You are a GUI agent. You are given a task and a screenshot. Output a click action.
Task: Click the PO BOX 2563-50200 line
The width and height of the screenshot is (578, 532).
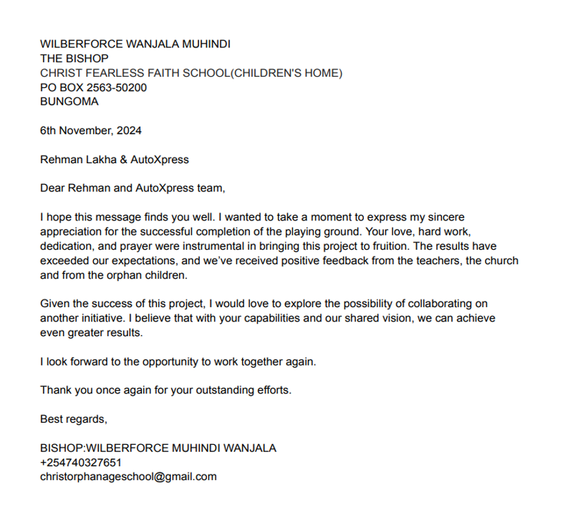(x=93, y=87)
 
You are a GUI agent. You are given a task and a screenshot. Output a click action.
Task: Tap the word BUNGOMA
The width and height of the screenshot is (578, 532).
(x=69, y=101)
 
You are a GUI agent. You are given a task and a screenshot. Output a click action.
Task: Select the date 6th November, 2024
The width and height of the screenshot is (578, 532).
(x=90, y=130)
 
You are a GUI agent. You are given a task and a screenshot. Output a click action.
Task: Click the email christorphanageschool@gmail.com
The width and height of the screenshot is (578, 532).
(x=128, y=477)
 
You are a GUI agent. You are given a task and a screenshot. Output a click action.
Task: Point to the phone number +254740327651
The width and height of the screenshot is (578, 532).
(x=80, y=462)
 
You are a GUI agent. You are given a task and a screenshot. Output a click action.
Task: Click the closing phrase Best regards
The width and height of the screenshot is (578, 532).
(x=74, y=419)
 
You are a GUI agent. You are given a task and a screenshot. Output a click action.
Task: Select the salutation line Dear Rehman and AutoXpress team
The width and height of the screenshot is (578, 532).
(x=132, y=189)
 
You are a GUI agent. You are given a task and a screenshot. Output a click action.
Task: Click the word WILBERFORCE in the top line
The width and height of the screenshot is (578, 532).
(x=76, y=44)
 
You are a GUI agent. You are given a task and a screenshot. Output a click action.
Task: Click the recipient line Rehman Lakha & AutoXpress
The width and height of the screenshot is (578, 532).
(x=114, y=159)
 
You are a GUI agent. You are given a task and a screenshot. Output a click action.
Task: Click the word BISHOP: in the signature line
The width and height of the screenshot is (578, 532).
(x=63, y=448)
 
